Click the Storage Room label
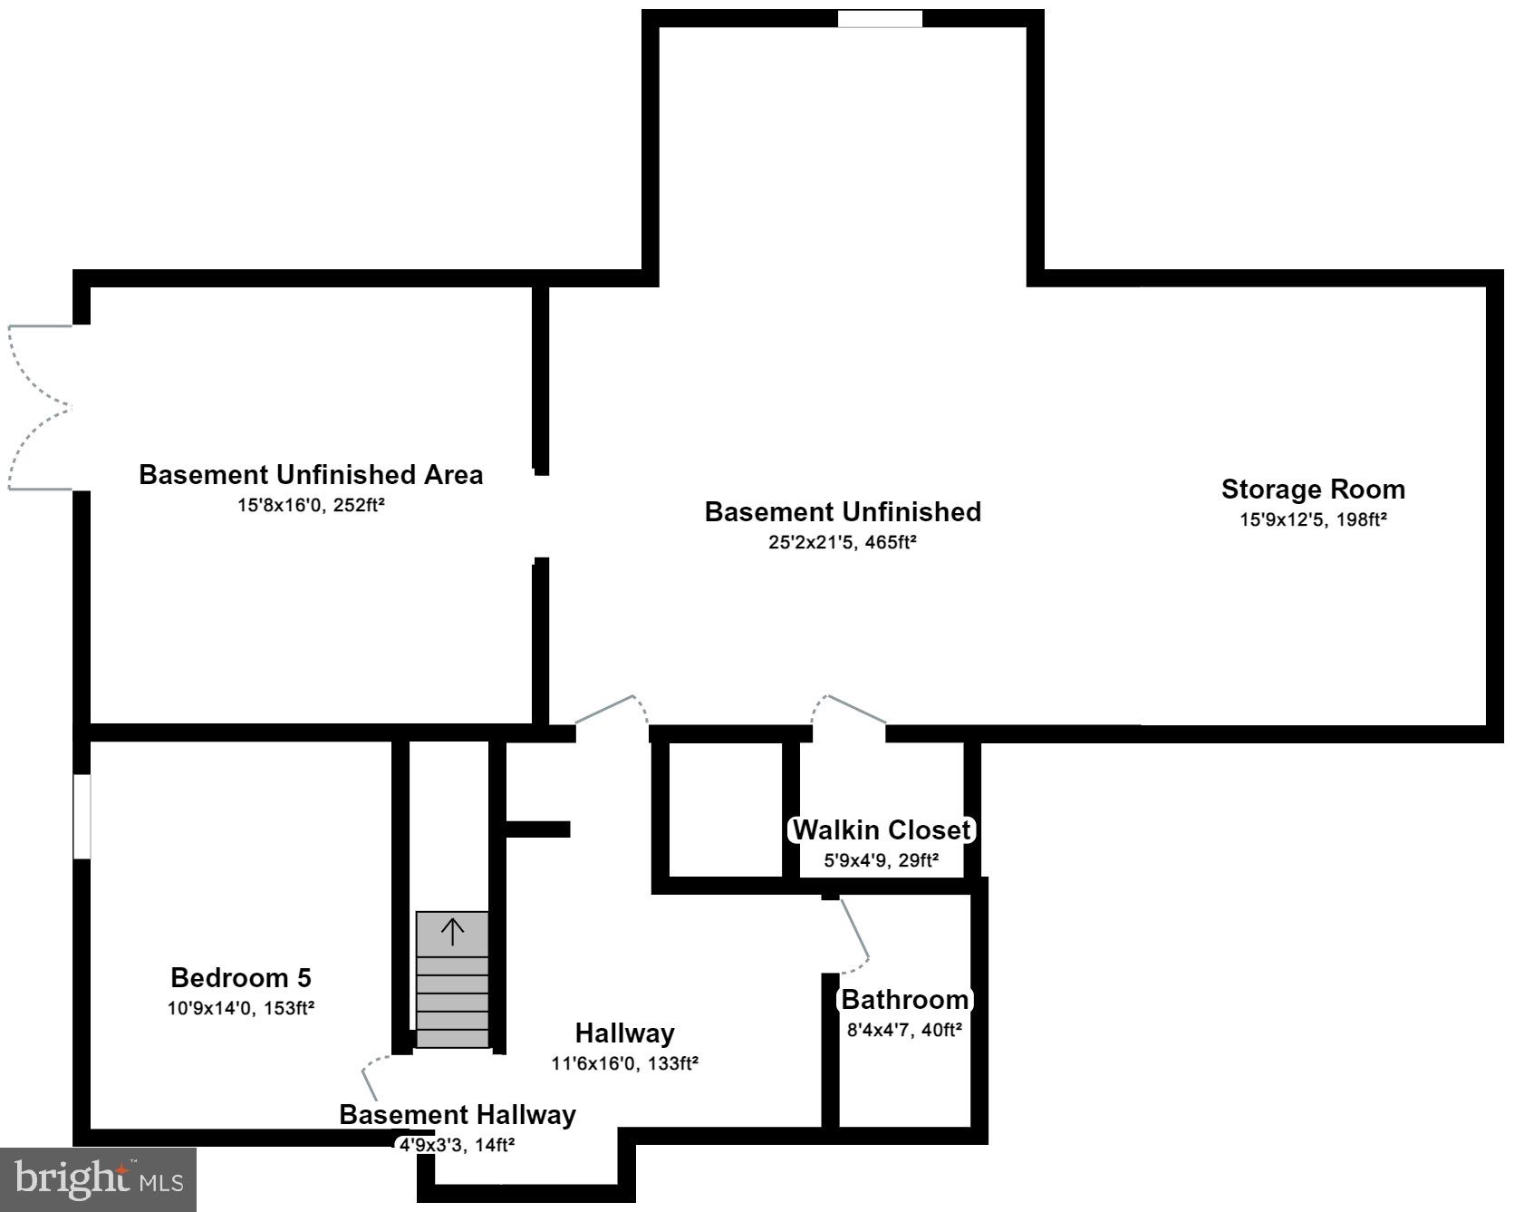pyautogui.click(x=1313, y=490)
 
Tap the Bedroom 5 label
pyautogui.click(x=241, y=978)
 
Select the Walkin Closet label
pyautogui.click(x=882, y=829)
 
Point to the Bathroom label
pyautogui.click(x=905, y=1000)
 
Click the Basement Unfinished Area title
pyautogui.click(x=311, y=475)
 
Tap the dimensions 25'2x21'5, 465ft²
pyautogui.click(x=843, y=543)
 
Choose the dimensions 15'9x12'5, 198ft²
pyautogui.click(x=1313, y=520)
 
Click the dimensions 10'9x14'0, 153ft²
pyautogui.click(x=241, y=1008)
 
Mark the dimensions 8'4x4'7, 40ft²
pyautogui.click(x=904, y=1030)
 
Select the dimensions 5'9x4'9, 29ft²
pyautogui.click(x=881, y=860)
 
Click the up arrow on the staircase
pyautogui.click(x=452, y=931)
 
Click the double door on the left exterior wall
pyautogui.click(x=41, y=408)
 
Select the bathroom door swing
pyautogui.click(x=854, y=934)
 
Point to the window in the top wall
pyautogui.click(x=879, y=19)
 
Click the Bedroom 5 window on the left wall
pyautogui.click(x=82, y=816)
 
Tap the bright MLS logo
pyautogui.click(x=98, y=1179)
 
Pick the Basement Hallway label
pyautogui.click(x=458, y=1115)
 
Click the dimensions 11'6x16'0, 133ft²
pyautogui.click(x=624, y=1063)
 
